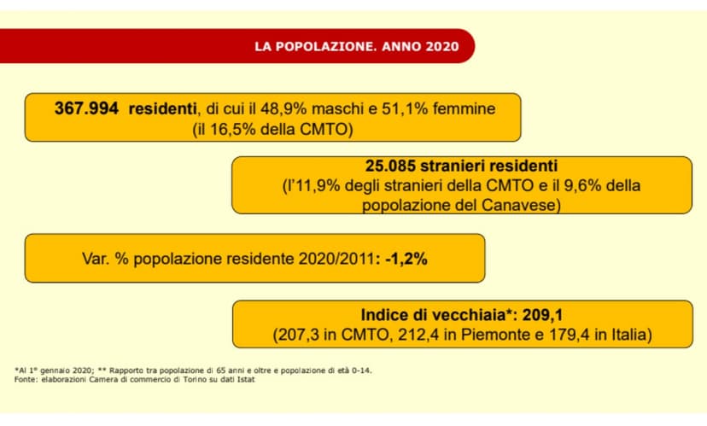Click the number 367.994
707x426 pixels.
pos(88,109)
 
